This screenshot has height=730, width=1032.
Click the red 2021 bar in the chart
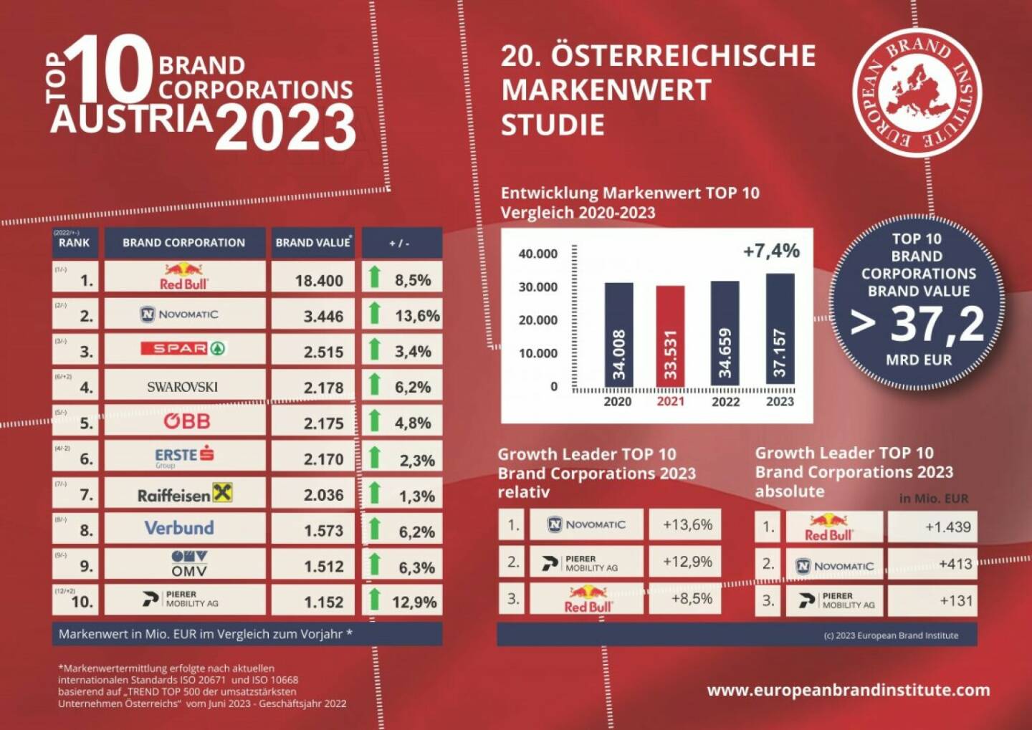[670, 337]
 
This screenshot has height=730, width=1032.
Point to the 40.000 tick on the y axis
[537, 254]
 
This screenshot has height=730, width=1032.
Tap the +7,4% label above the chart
[771, 251]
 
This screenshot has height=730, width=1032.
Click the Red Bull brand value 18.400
[319, 280]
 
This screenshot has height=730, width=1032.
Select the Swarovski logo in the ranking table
[182, 387]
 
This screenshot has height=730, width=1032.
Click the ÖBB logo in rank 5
[186, 421]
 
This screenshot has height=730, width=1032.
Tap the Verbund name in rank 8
[179, 528]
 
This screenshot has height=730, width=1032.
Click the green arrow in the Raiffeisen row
[374, 493]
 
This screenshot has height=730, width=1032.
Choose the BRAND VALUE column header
[313, 243]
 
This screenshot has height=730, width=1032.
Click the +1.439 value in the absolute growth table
[947, 527]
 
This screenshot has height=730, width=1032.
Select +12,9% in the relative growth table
[687, 562]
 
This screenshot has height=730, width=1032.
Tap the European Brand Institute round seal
[917, 93]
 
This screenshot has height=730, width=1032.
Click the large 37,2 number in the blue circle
[937, 324]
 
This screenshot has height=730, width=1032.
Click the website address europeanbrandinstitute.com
[849, 690]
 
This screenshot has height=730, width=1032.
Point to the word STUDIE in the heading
[553, 125]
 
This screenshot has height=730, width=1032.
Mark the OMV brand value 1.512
[323, 566]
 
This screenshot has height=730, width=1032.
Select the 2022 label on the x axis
[725, 402]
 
